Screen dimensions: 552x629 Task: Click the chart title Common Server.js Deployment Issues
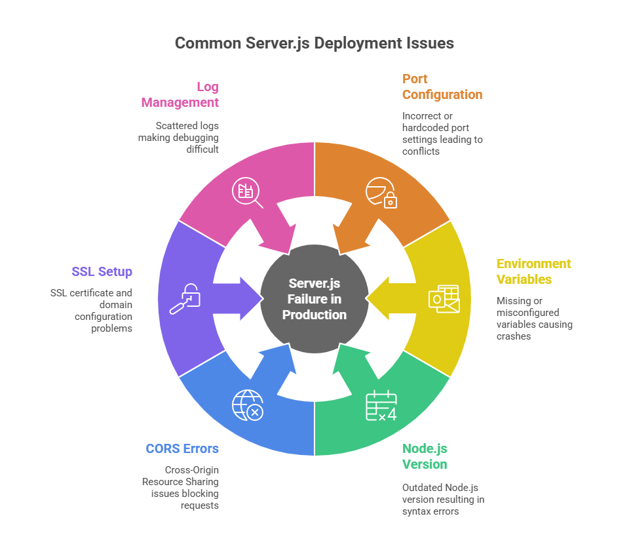tap(314, 43)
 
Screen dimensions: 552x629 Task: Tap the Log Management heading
tap(180, 94)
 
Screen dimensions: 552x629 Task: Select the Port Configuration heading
tap(442, 87)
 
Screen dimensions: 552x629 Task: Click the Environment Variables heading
tap(533, 271)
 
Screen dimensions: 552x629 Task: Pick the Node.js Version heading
tap(425, 456)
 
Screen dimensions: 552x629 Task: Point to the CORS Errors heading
tap(182, 448)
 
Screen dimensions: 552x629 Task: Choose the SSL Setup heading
tap(102, 271)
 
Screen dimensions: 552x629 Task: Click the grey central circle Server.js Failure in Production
tap(314, 299)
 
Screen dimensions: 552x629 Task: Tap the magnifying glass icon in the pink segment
tap(247, 193)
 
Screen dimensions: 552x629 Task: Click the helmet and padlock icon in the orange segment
tap(381, 193)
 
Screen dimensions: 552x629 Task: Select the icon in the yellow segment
tap(444, 299)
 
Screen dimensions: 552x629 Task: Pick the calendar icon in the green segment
tap(381, 406)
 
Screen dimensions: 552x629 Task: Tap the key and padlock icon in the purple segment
tap(185, 299)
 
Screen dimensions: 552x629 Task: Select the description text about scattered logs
tap(178, 138)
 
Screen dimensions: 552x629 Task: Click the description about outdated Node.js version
tap(444, 499)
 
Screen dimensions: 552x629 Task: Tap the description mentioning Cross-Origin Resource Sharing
tap(180, 488)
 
